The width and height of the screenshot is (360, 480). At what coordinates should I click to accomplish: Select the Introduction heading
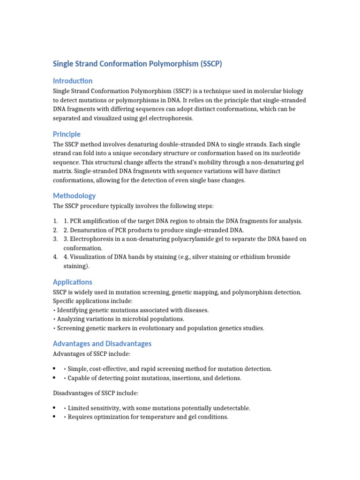(73, 81)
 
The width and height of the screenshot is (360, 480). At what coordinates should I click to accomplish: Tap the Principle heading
(67, 134)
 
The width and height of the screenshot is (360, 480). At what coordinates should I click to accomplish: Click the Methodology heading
(74, 195)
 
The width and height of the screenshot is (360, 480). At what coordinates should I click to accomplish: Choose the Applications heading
(73, 282)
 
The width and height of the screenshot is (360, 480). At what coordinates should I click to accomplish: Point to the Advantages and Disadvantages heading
(102, 344)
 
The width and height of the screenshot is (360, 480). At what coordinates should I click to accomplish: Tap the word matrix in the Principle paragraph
(62, 172)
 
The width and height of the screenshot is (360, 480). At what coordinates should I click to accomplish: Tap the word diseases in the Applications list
(197, 310)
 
